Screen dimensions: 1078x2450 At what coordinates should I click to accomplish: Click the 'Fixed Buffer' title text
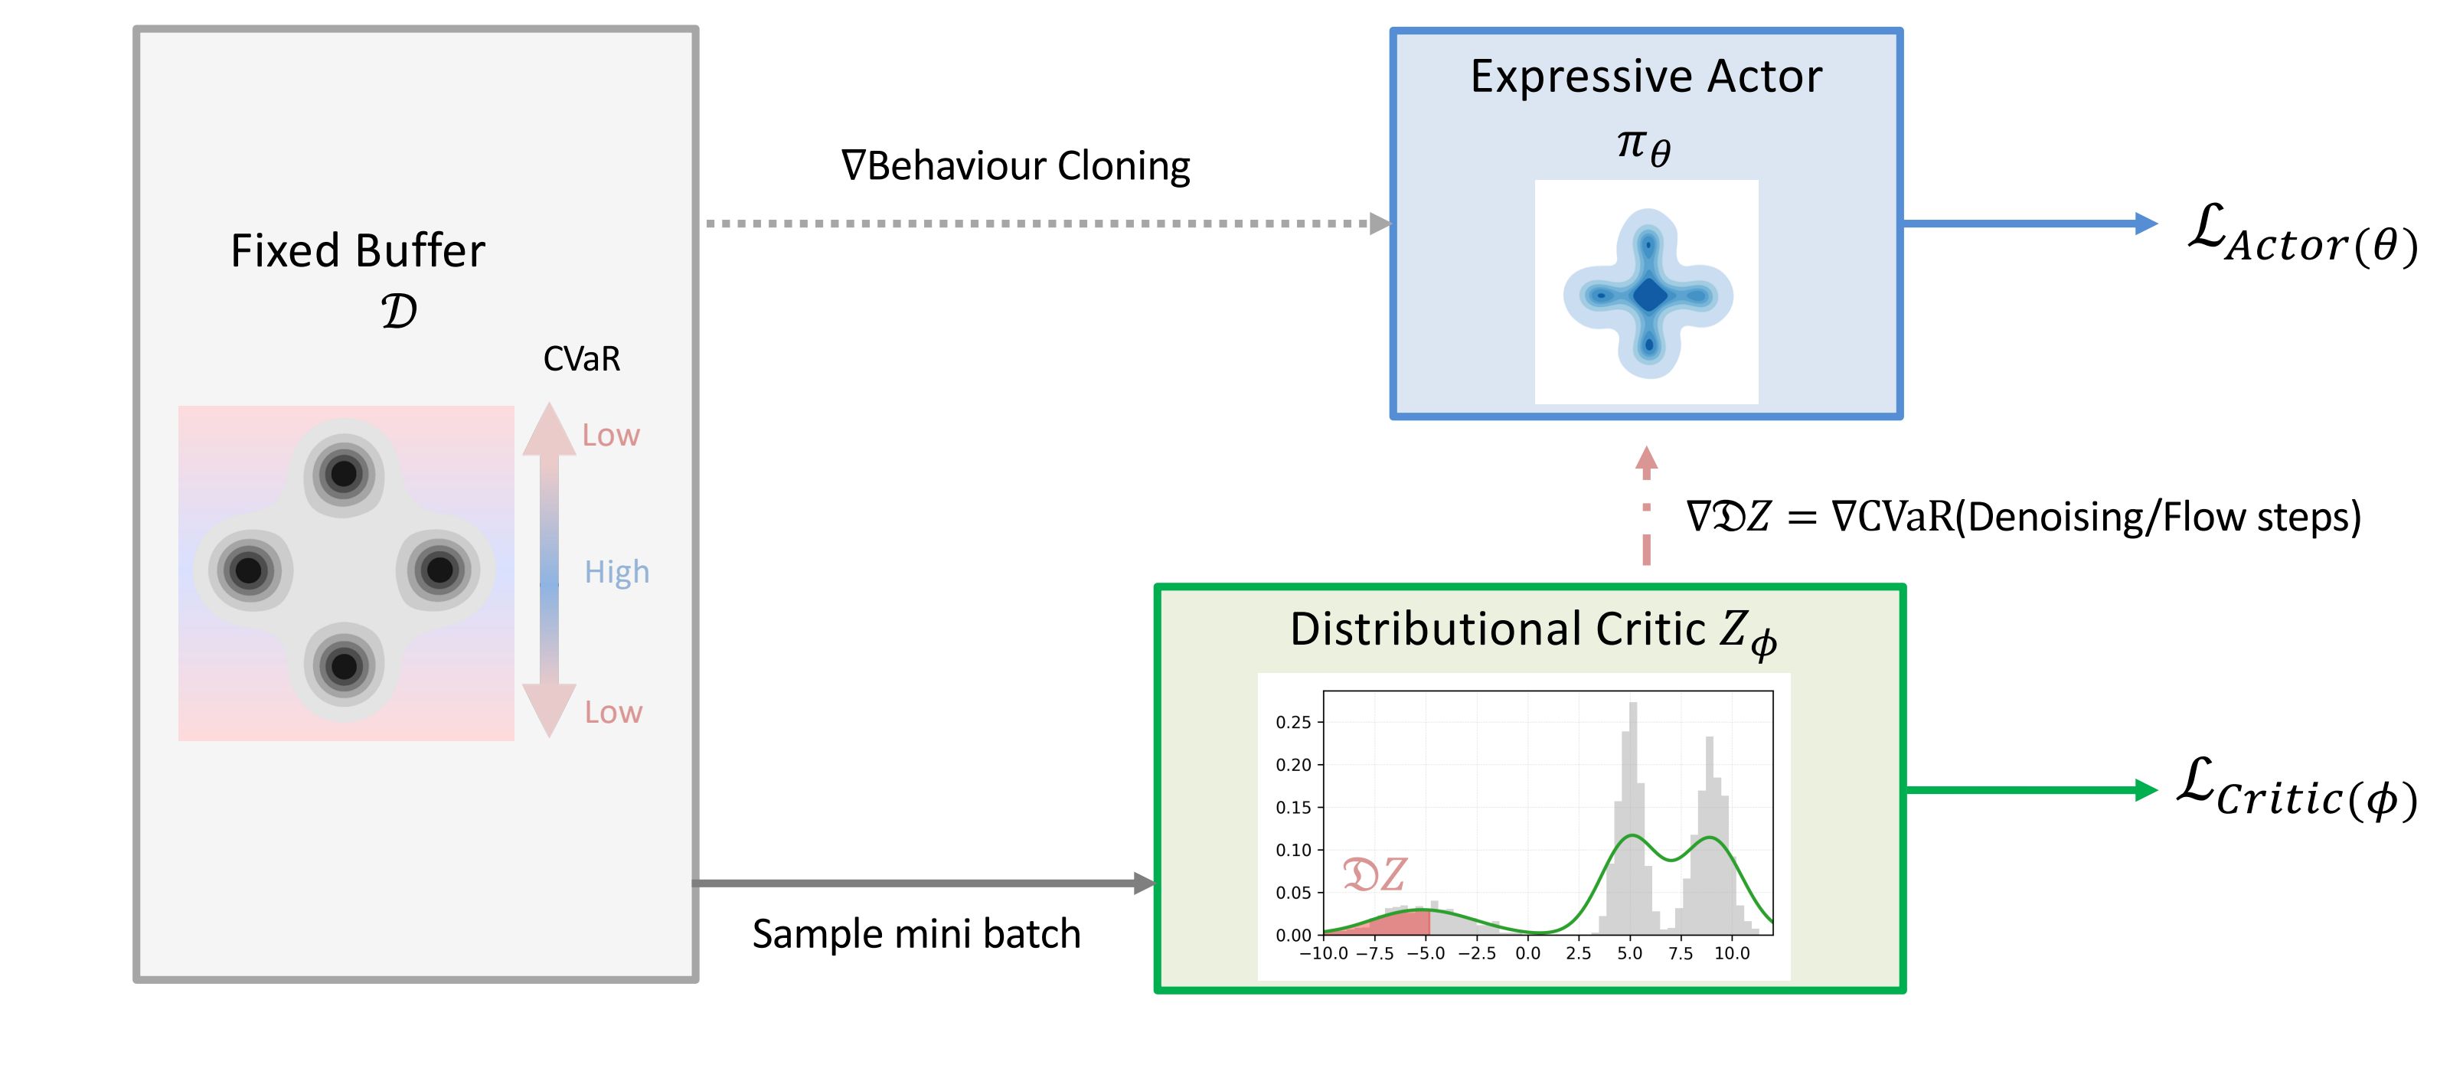(x=358, y=251)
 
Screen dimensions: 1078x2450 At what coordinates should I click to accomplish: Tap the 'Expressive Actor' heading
(x=1645, y=76)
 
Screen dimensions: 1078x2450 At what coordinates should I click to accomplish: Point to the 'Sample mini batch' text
(x=916, y=933)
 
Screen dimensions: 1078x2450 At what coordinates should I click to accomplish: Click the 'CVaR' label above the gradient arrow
(x=581, y=359)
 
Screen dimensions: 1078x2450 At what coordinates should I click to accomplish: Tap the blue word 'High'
(x=616, y=572)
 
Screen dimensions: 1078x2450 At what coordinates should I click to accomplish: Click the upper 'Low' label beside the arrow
(x=611, y=435)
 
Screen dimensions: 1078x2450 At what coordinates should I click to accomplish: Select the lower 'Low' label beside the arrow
(x=612, y=712)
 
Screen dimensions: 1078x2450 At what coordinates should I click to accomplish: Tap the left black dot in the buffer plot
(x=248, y=570)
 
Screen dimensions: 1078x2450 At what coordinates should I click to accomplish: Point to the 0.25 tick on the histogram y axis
(x=1292, y=722)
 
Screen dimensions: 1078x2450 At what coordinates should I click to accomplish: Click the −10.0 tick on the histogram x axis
(x=1323, y=953)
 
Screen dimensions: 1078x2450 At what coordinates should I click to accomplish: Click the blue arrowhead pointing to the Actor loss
(x=2145, y=224)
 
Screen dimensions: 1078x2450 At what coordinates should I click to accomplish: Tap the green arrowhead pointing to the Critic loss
(x=2145, y=789)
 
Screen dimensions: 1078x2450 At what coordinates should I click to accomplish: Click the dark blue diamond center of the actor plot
(x=1649, y=295)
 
